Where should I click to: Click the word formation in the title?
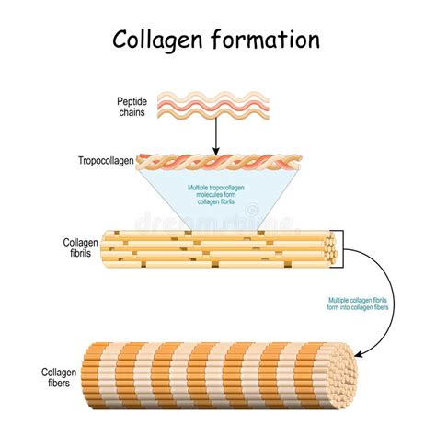268,40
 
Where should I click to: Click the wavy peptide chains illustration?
215,106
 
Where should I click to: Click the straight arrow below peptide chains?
215,136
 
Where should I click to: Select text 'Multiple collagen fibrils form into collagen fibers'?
358,304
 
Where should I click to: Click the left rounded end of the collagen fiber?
87,377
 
